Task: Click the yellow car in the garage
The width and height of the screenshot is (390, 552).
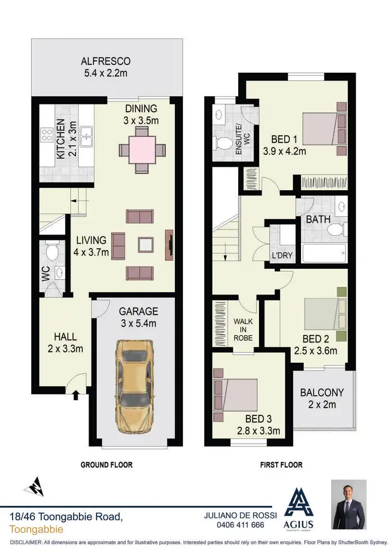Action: point(135,387)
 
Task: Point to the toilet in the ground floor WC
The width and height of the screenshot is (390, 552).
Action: point(52,252)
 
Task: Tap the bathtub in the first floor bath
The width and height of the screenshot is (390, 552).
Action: point(323,253)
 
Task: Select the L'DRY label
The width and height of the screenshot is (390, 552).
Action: point(281,256)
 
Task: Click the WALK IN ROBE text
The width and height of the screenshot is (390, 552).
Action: point(243,329)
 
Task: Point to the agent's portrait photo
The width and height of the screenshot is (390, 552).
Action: point(349,504)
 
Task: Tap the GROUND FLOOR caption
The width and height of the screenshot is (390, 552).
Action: point(107,465)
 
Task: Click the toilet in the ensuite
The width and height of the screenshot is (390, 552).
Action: point(225,142)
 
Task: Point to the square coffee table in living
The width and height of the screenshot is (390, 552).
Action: point(146,245)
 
